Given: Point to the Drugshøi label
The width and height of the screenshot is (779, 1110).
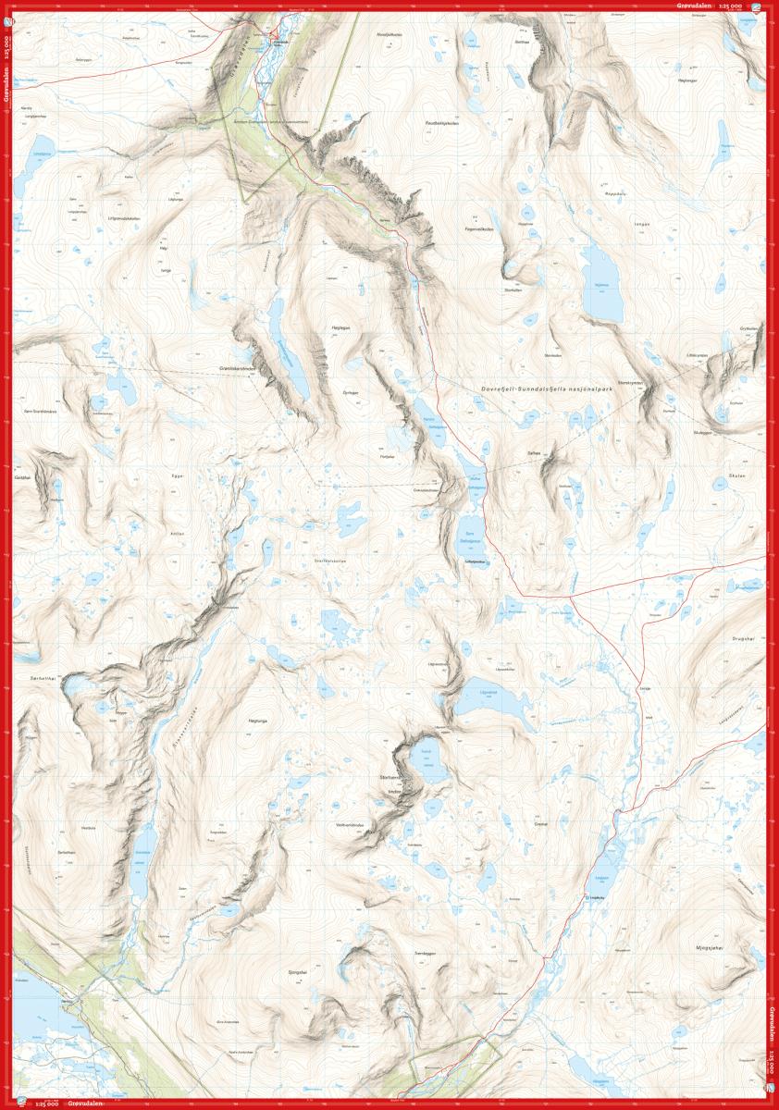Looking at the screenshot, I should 743,638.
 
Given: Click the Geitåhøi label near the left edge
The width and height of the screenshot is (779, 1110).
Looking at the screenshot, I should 23,477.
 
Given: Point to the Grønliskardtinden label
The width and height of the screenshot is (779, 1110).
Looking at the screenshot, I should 239,368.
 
